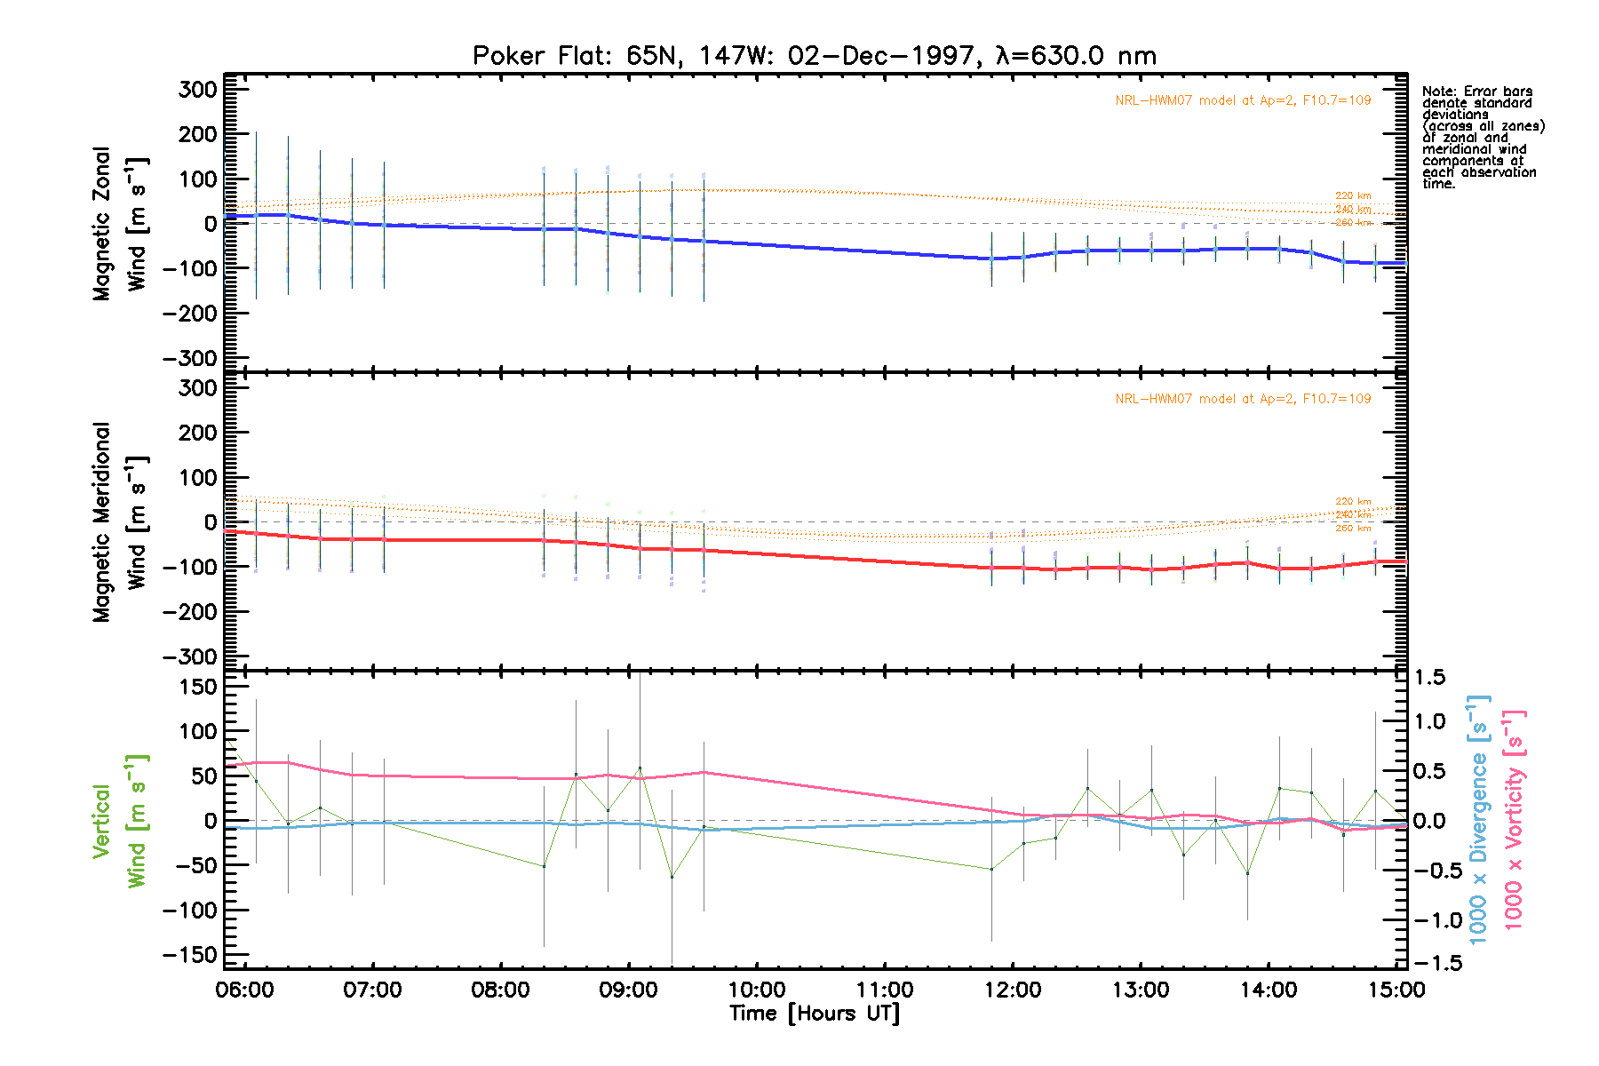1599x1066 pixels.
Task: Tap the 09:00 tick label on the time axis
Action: (x=629, y=990)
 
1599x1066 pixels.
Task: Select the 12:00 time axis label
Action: (x=1013, y=990)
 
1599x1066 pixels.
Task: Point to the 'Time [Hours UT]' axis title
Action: (x=814, y=1014)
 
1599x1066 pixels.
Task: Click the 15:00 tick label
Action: (x=1396, y=990)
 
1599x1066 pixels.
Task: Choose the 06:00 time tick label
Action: (x=245, y=990)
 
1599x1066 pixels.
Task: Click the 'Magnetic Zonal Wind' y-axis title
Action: (x=120, y=224)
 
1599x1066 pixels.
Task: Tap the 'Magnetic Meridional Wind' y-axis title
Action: (x=120, y=522)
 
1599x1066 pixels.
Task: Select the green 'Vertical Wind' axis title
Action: (x=120, y=821)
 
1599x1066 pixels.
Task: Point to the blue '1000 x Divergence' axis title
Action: (x=1478, y=821)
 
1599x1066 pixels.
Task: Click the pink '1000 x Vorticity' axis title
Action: (x=1513, y=821)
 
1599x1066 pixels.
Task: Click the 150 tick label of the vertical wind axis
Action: (x=198, y=687)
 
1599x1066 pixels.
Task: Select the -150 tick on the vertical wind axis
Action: (x=190, y=955)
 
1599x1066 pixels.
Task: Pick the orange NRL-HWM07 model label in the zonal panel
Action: (x=1243, y=101)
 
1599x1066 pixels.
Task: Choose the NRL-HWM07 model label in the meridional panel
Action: (x=1243, y=400)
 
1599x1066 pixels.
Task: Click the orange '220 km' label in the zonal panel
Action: (x=1353, y=196)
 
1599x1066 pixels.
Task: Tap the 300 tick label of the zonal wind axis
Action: (x=198, y=89)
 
